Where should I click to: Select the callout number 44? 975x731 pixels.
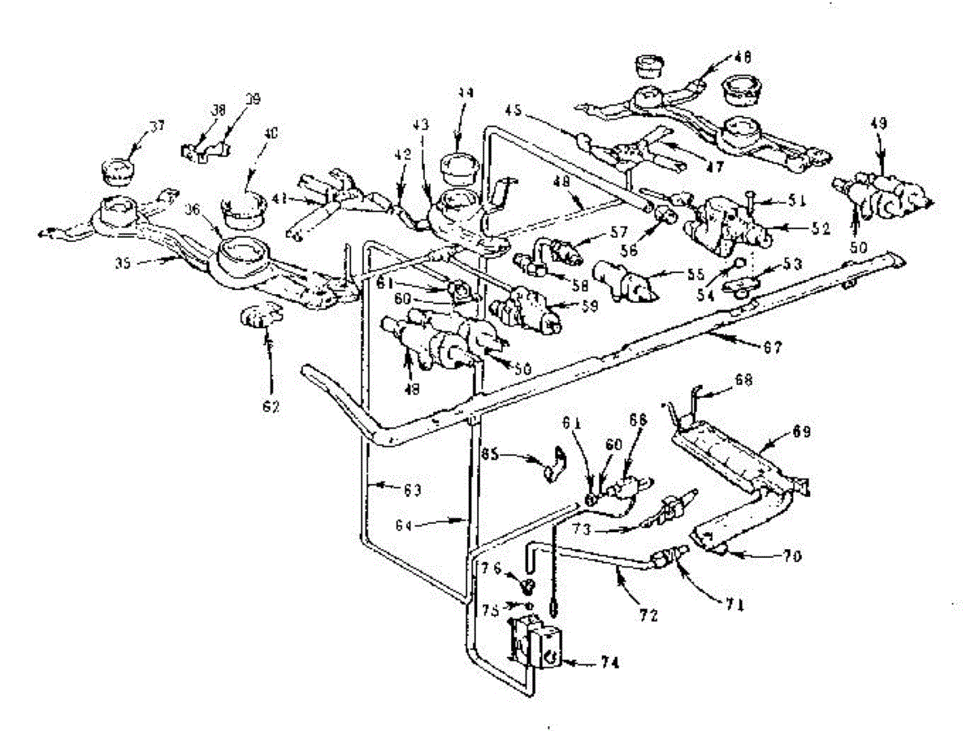point(464,93)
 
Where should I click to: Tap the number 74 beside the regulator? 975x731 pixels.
point(610,663)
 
